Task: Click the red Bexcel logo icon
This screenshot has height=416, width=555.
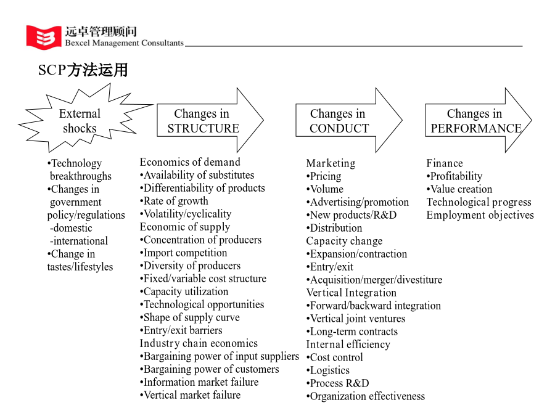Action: pyautogui.click(x=44, y=37)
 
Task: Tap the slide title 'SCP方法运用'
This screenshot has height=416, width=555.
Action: pyautogui.click(x=83, y=70)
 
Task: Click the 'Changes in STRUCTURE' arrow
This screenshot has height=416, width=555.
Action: pyautogui.click(x=210, y=120)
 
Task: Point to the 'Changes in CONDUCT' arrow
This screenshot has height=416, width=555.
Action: pyautogui.click(x=349, y=120)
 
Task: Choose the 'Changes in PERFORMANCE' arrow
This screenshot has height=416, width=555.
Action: pyautogui.click(x=479, y=120)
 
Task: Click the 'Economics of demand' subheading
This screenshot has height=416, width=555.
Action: pyautogui.click(x=190, y=162)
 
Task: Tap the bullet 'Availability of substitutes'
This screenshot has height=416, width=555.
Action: pyautogui.click(x=197, y=175)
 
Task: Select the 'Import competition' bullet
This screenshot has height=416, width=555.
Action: pyautogui.click(x=183, y=253)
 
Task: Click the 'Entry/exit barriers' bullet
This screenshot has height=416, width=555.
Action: pyautogui.click(x=181, y=330)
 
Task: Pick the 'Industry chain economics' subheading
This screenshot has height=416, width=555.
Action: pyautogui.click(x=199, y=343)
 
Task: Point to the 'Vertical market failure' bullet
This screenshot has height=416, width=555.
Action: pyautogui.click(x=190, y=395)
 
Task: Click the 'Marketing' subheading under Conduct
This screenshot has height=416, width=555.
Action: pyautogui.click(x=331, y=163)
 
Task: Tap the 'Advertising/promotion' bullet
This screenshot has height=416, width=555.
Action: pyautogui.click(x=358, y=202)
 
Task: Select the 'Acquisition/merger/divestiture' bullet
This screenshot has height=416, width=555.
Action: pyautogui.click(x=374, y=280)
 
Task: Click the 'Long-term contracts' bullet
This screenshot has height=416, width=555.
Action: pyautogui.click(x=352, y=332)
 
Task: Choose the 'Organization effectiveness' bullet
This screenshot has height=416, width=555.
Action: pyautogui.click(x=366, y=396)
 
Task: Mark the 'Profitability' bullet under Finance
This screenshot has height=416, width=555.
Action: pyautogui.click(x=454, y=176)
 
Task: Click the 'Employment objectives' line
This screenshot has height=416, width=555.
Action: pyautogui.click(x=480, y=215)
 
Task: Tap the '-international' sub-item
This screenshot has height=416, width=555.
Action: pyautogui.click(x=78, y=241)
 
